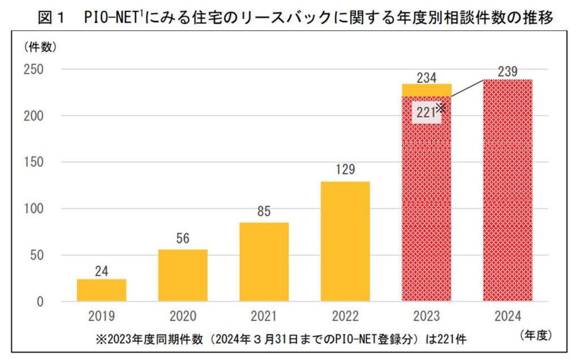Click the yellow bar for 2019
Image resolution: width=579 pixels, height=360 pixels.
click(102, 290)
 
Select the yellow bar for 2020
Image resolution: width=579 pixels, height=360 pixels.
click(183, 275)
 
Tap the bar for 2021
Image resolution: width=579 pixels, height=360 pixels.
click(264, 262)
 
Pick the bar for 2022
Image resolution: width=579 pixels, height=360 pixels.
click(345, 241)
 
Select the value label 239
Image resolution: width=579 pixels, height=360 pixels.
click(508, 72)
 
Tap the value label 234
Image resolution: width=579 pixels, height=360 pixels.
click(427, 77)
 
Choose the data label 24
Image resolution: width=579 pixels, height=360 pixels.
click(102, 271)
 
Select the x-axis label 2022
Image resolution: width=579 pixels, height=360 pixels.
click(345, 316)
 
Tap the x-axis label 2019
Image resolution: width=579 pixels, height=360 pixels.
click(102, 316)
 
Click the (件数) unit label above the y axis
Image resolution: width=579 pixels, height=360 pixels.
click(40, 47)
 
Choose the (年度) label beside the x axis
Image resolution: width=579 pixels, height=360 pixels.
click(534, 335)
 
